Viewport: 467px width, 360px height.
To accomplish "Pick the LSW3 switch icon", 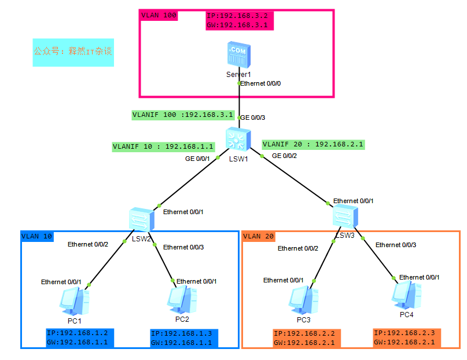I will coord(346,216).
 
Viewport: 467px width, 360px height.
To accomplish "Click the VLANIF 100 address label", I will coord(182,115).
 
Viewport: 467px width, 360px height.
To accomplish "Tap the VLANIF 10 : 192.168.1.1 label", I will coord(164,147).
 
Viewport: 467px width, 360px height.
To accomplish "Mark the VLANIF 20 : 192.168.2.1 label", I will coord(313,144).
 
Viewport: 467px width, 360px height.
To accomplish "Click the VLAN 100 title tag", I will coord(159,15).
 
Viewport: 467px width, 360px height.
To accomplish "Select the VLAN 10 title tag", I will coord(37,236).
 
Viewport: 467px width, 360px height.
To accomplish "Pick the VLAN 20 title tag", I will coord(259,236).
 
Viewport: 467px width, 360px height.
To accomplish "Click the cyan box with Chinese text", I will coord(73,52).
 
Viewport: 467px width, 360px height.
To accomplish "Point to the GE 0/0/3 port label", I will coord(252,118).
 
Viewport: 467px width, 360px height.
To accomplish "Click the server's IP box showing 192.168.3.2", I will coord(240,21).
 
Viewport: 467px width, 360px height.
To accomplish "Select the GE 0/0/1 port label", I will coord(197,158).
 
